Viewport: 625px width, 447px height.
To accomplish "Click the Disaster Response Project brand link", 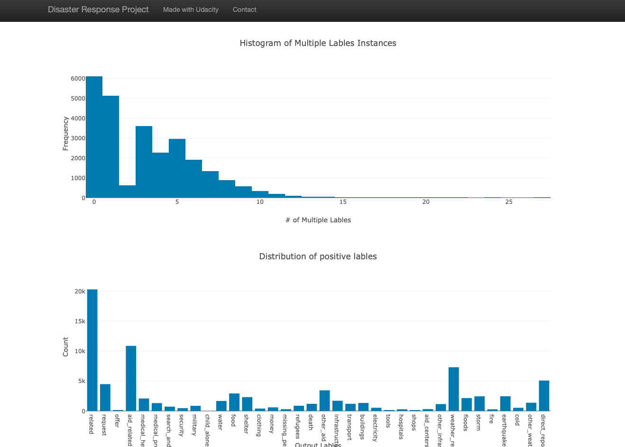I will point(98,9).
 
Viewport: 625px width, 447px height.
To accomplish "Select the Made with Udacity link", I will point(191,9).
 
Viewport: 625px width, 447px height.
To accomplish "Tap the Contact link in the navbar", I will point(244,9).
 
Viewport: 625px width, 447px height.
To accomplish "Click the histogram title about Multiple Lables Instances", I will point(318,43).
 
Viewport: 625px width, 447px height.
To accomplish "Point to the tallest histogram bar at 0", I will point(94,137).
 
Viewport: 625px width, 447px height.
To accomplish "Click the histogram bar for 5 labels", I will point(177,168).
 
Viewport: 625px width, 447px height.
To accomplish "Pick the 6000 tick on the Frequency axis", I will point(78,79).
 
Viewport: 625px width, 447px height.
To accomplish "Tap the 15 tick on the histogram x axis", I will point(343,202).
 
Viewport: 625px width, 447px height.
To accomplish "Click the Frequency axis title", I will point(65,134).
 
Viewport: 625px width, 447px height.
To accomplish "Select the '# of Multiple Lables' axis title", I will point(318,220).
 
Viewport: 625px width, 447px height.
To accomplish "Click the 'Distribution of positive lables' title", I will point(318,256).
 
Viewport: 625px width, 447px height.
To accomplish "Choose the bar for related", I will point(92,350).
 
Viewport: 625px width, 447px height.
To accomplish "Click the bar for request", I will point(105,398).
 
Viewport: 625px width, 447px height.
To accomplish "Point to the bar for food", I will point(234,402).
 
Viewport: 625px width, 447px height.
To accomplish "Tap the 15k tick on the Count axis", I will point(80,321).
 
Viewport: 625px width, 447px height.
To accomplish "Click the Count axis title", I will point(65,347).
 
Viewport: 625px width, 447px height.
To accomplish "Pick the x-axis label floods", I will point(466,423).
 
